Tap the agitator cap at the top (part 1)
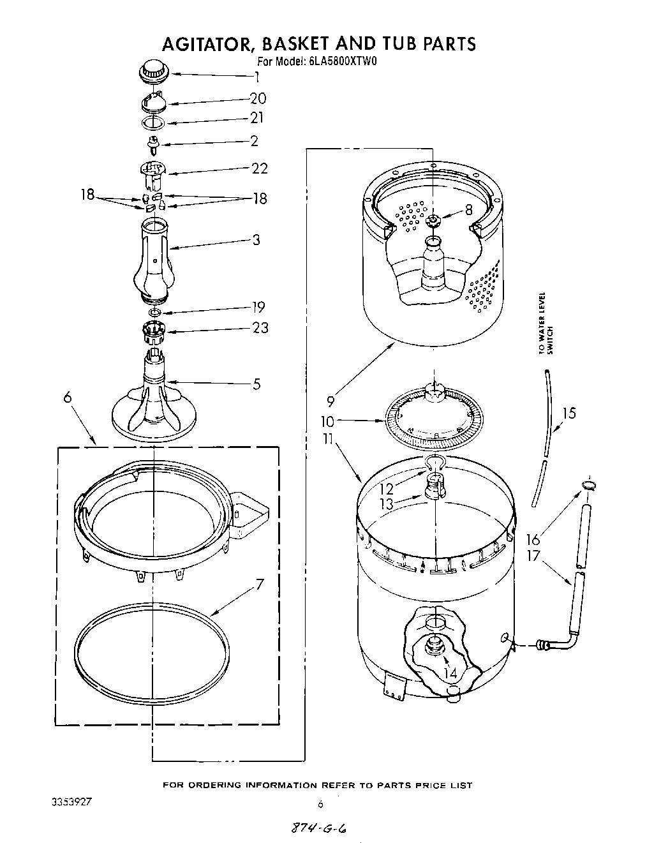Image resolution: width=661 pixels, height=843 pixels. (153, 71)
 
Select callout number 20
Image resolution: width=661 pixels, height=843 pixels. (258, 98)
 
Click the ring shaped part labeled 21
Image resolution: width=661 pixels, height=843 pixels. (153, 123)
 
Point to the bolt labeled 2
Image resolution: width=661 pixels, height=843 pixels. (153, 144)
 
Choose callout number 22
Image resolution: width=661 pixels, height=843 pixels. (259, 168)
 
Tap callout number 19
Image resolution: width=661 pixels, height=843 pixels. (258, 307)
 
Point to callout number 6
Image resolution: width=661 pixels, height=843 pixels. (68, 397)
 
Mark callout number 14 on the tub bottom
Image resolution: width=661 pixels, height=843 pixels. (451, 672)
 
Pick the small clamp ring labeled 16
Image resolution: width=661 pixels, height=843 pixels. (588, 488)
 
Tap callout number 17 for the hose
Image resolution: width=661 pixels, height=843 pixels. (533, 556)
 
